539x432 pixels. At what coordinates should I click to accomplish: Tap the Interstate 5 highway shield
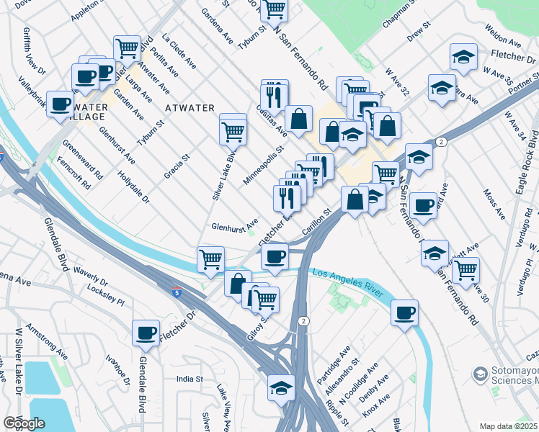coord(178,292)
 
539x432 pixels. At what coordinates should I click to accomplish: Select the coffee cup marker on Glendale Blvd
coord(146,333)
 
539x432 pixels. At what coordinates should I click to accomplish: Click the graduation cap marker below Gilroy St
coord(281,388)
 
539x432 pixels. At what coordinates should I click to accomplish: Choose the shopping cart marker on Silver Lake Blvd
coord(233,131)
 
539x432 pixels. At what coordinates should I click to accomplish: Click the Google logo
coord(24,423)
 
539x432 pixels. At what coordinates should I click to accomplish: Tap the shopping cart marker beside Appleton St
coord(128,49)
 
